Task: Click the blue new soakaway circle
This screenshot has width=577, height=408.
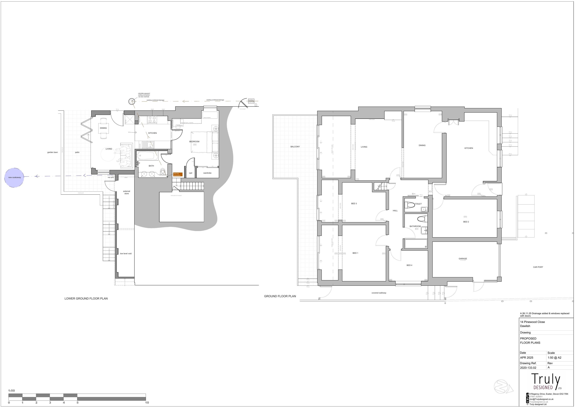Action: click(14, 178)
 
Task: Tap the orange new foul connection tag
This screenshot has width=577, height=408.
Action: click(177, 174)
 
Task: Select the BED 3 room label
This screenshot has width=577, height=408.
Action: click(354, 204)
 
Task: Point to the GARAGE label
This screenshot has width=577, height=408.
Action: click(463, 259)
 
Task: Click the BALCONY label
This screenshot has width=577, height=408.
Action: click(295, 147)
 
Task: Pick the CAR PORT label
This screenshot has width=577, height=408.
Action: click(538, 267)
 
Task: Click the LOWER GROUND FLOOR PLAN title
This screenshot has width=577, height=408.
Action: click(86, 299)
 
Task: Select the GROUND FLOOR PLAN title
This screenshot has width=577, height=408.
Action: click(280, 296)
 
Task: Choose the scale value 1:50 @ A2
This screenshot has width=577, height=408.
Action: click(554, 358)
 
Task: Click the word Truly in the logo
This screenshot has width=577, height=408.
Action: click(545, 380)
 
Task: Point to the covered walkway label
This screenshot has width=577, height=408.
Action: click(379, 293)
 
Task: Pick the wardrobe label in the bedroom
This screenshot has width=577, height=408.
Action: click(207, 173)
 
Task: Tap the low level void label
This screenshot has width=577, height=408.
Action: click(126, 254)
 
